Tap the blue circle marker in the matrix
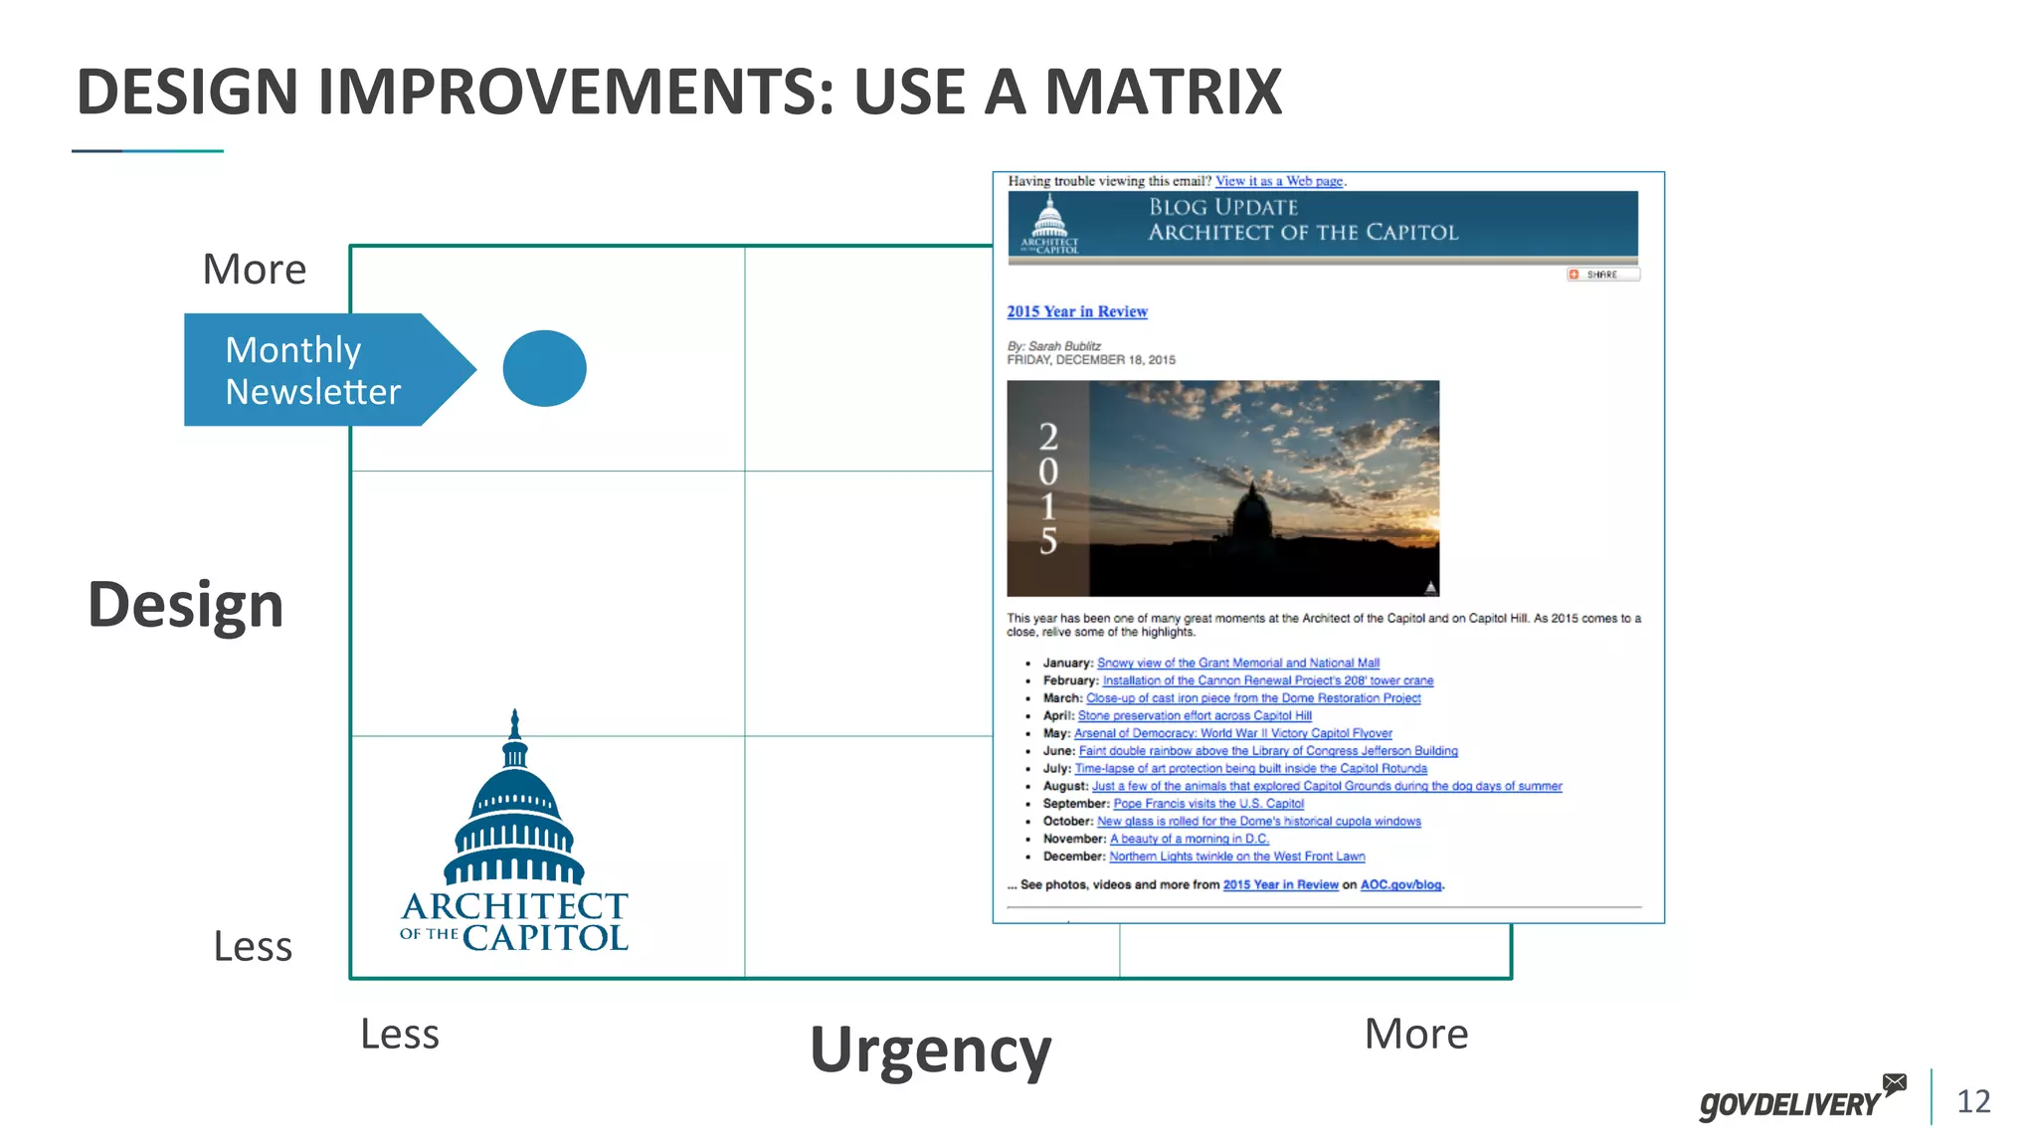coord(544,368)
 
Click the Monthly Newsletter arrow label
coord(313,370)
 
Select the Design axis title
coord(186,604)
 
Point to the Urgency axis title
coord(930,1050)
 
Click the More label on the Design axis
coord(255,269)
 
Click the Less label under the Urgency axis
coord(399,1034)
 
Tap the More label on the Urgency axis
coord(1415,1034)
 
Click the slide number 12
coord(1973,1101)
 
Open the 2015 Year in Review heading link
coord(1076,311)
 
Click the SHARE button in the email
coord(1601,275)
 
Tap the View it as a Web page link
coord(1278,181)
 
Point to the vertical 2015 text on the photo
coord(1047,488)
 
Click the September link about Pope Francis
coord(1207,804)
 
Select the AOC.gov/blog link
coord(1400,884)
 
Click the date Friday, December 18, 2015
coord(1090,360)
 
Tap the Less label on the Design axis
coord(253,946)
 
